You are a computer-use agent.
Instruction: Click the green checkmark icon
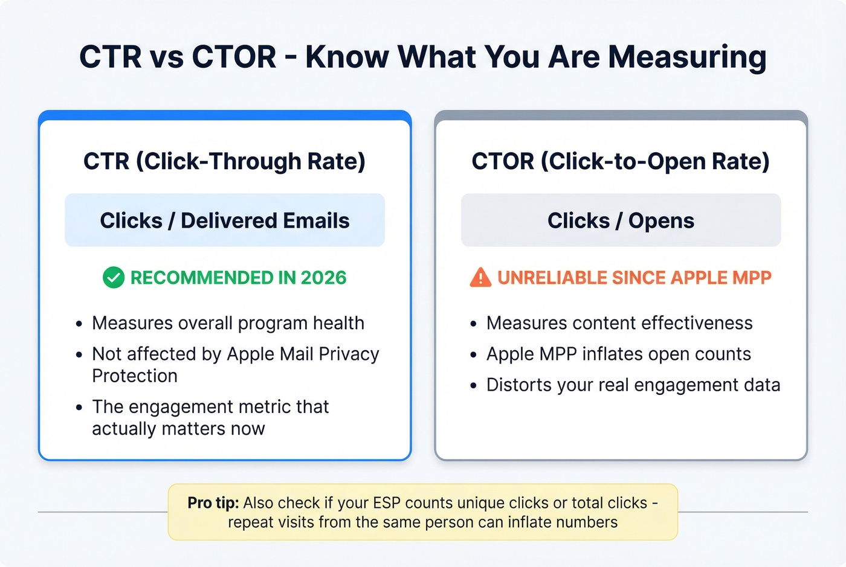[114, 278]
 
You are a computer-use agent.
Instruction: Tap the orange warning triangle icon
[480, 278]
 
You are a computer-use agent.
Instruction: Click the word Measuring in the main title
[687, 57]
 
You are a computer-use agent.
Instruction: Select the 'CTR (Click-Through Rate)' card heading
[224, 161]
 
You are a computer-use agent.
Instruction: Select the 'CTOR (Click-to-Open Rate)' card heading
[621, 161]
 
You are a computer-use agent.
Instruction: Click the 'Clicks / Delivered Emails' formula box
[224, 220]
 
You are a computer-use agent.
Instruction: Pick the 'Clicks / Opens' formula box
[621, 220]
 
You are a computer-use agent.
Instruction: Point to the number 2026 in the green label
[323, 278]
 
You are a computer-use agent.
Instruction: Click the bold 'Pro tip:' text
[213, 503]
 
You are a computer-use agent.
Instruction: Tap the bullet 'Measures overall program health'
[228, 323]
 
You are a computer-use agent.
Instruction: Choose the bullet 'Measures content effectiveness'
[619, 323]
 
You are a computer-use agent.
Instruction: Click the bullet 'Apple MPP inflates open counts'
[618, 354]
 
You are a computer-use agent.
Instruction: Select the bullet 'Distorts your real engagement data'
[633, 385]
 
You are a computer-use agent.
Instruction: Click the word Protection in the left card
[135, 376]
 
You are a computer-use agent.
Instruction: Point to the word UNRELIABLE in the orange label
[552, 278]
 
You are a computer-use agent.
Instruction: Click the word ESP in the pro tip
[387, 503]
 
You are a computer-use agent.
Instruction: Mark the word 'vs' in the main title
[166, 57]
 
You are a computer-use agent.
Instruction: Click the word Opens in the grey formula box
[661, 220]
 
